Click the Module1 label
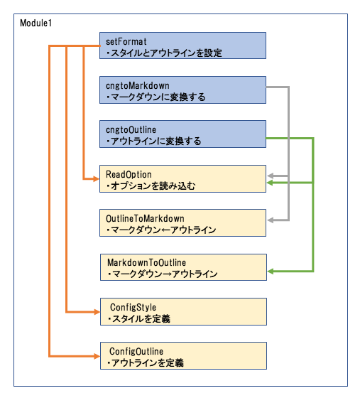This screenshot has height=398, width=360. click(36, 23)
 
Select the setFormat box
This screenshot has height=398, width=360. click(182, 45)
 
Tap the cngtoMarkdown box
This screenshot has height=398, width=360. click(182, 90)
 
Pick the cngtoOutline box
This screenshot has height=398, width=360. click(182, 134)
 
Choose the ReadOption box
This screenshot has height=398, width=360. click(182, 178)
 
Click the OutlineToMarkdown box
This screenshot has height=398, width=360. click(182, 223)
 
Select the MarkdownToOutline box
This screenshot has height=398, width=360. click(183, 267)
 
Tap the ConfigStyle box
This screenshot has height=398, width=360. click(183, 312)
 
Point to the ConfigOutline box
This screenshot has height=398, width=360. click(183, 356)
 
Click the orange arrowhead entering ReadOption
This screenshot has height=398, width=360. click(97, 179)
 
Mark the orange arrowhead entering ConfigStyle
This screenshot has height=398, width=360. click(97, 312)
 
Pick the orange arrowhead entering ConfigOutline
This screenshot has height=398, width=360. click(97, 356)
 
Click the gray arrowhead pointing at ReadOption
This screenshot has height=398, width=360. click(271, 176)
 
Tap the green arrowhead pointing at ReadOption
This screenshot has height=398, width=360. click(271, 183)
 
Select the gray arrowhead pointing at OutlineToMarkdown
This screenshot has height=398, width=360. click(271, 220)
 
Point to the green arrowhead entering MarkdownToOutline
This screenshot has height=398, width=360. click(271, 271)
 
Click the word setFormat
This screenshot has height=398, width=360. click(126, 41)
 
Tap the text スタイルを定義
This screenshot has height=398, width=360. click(141, 318)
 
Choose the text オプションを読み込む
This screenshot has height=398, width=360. click(153, 185)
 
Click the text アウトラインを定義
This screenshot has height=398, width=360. click(147, 362)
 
